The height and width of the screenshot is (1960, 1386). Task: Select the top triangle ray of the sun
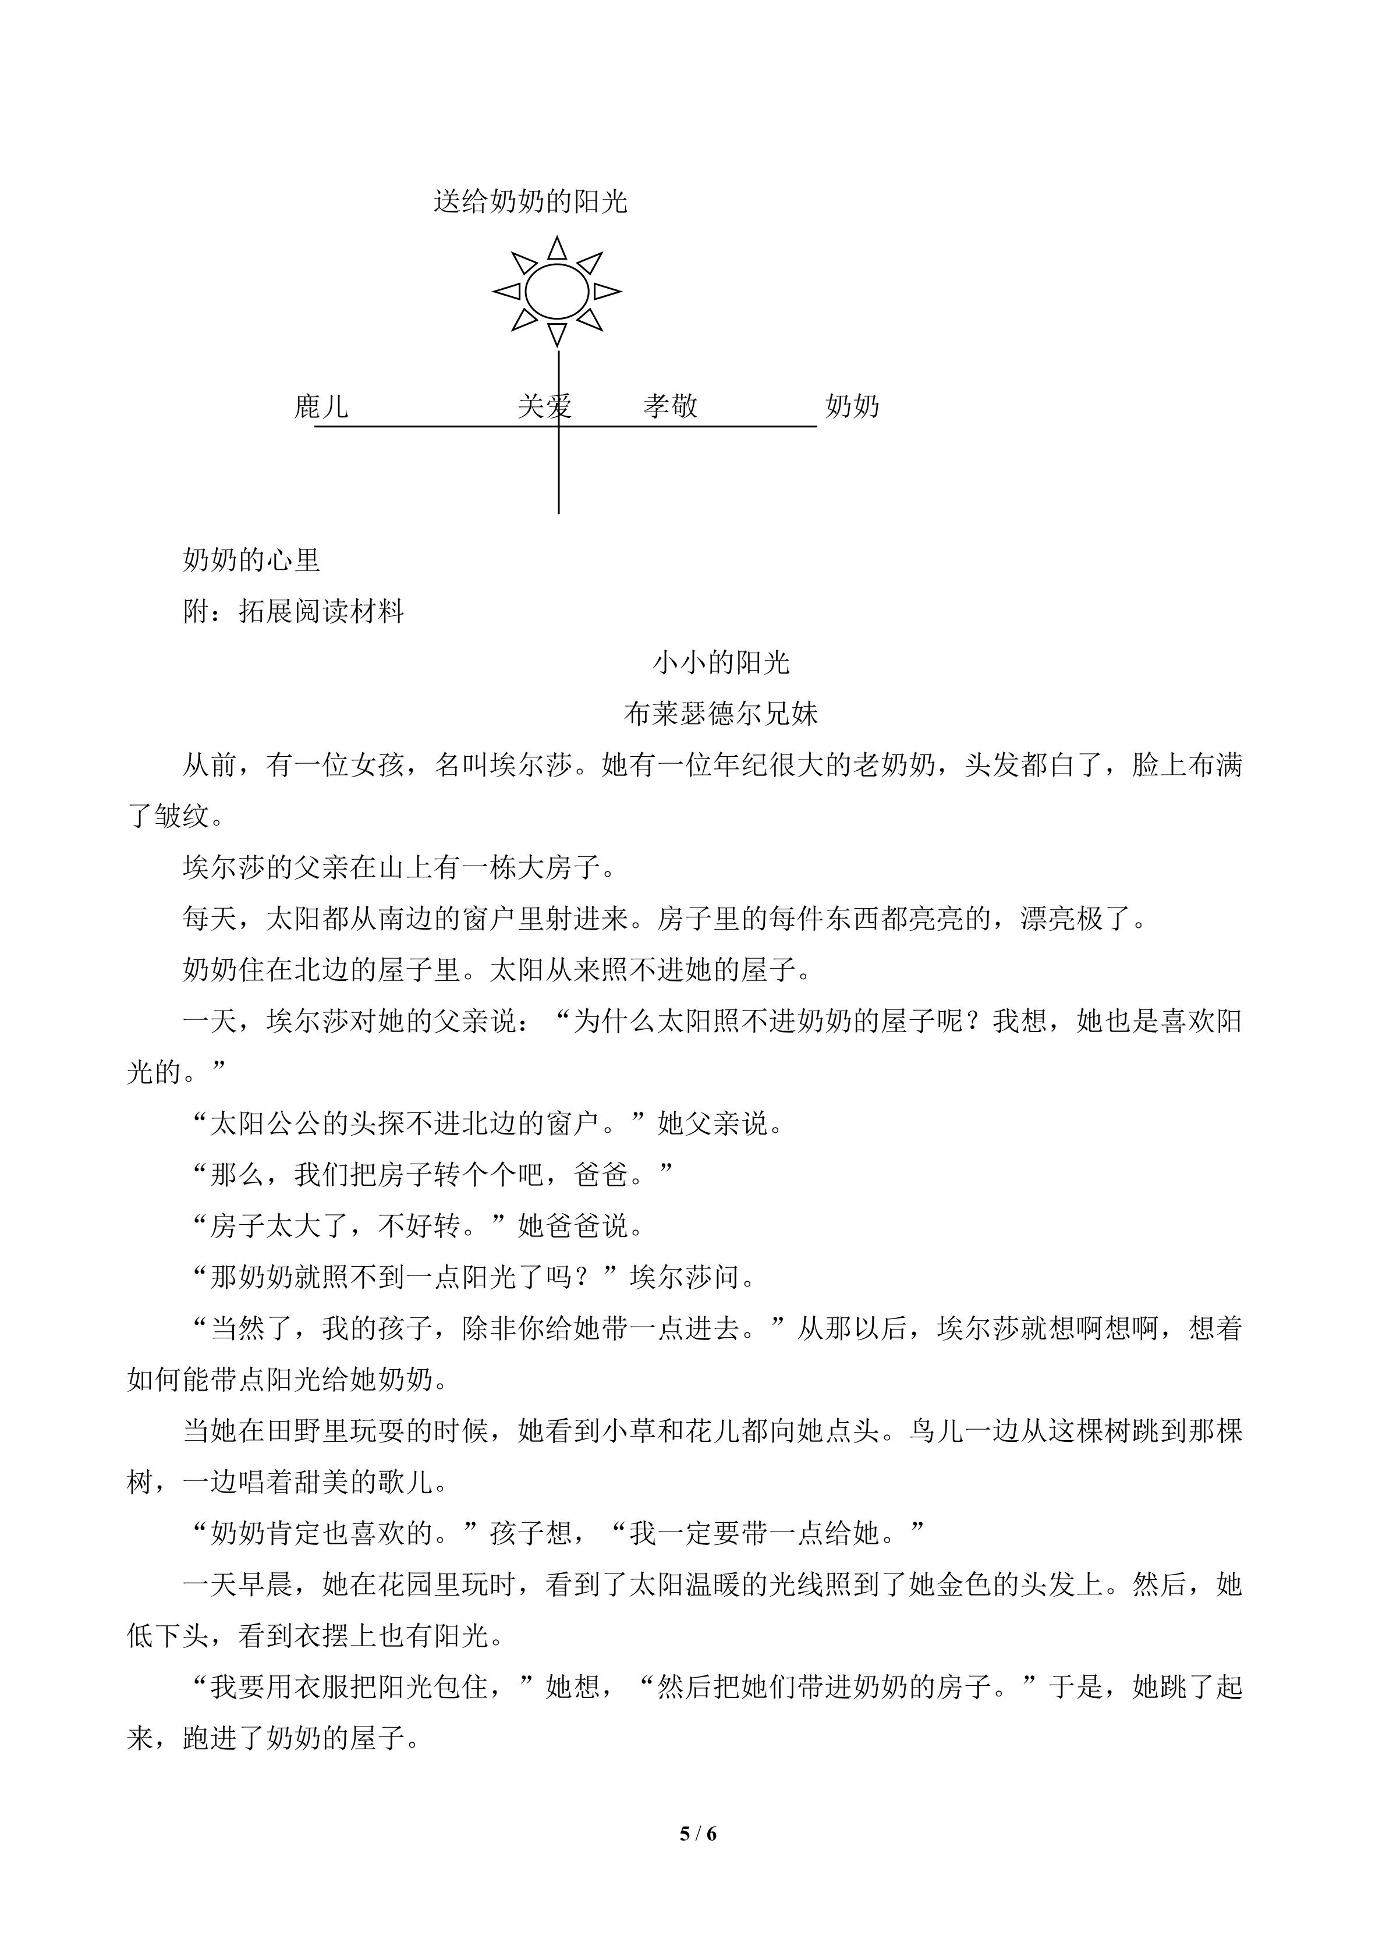557,249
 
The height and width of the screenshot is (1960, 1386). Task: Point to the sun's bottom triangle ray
557,333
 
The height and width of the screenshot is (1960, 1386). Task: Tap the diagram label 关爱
544,406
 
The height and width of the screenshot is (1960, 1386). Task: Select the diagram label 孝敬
670,406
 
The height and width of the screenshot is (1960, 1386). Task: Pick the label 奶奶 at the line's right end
852,406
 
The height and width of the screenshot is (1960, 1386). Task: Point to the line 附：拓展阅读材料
293,611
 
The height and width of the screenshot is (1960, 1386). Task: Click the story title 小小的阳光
721,662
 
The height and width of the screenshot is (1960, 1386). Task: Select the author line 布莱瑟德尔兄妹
721,714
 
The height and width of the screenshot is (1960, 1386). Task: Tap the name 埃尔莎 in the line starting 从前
531,765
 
